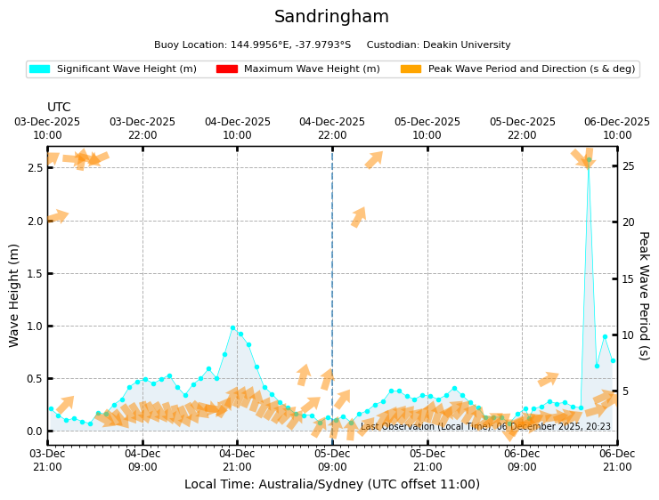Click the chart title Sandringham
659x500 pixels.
coord(331,17)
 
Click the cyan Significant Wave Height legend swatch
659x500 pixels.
coord(39,69)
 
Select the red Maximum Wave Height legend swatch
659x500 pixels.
coord(226,69)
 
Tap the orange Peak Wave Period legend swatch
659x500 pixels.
coord(411,69)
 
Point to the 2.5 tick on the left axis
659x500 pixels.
coord(35,168)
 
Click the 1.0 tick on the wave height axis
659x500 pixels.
coord(35,326)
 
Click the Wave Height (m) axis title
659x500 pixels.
coord(14,294)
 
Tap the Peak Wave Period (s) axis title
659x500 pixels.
coord(643,295)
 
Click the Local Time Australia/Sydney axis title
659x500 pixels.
coord(331,485)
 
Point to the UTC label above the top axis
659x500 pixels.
coord(59,108)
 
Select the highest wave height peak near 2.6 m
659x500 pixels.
coord(589,160)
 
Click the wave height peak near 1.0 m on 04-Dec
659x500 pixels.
coord(233,327)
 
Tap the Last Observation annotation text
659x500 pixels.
coord(485,427)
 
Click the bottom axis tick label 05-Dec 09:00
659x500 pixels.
coord(332,460)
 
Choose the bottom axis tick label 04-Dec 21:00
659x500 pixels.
coord(237,460)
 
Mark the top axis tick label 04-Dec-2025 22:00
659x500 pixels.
coord(332,128)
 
